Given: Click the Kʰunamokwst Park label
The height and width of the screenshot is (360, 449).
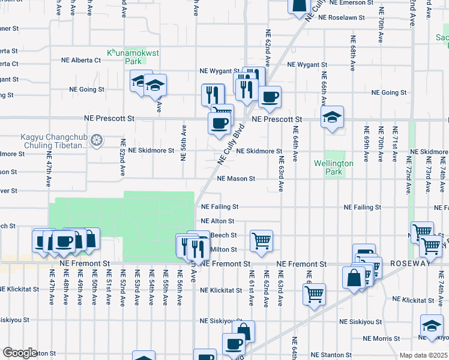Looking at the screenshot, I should coord(124,57).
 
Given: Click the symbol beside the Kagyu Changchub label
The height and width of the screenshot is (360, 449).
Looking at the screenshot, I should coord(96,141).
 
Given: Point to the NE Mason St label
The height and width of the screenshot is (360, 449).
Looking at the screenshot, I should coord(236,179).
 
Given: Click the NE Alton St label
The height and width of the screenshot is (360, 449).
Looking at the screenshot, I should coord(218,221).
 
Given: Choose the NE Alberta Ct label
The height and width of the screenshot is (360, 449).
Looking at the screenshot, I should coord(81,61).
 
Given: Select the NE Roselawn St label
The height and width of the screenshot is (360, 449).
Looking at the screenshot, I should coord(342,18).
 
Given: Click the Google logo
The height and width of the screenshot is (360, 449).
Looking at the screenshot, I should coord(20,353).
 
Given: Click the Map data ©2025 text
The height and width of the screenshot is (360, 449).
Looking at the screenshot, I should coord(423,355).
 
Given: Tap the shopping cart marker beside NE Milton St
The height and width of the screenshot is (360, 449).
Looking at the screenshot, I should coord(261,241).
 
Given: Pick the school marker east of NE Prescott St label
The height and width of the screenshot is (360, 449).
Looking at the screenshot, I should coord(331,118).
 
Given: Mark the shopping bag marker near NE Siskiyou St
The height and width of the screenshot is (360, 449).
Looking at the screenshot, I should coord(244,331).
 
